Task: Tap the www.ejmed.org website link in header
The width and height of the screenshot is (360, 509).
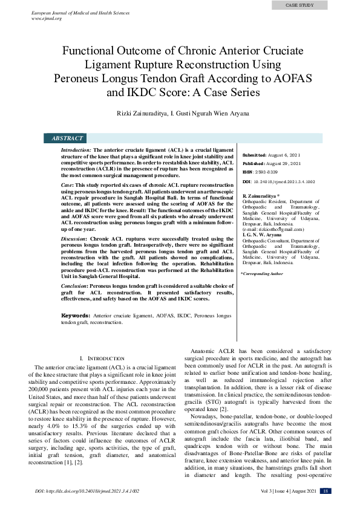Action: pos(48,18)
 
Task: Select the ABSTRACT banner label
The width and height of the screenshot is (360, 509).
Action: pos(67,138)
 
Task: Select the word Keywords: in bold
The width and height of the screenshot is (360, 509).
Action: pos(76,316)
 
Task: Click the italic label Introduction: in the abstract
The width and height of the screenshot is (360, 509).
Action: pos(76,149)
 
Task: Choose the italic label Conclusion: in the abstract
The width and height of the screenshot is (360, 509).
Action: pos(76,285)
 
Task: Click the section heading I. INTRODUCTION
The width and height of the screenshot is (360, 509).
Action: pos(93,358)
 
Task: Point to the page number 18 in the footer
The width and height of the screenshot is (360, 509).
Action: pos(325,491)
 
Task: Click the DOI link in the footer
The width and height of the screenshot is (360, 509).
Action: pos(87,491)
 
